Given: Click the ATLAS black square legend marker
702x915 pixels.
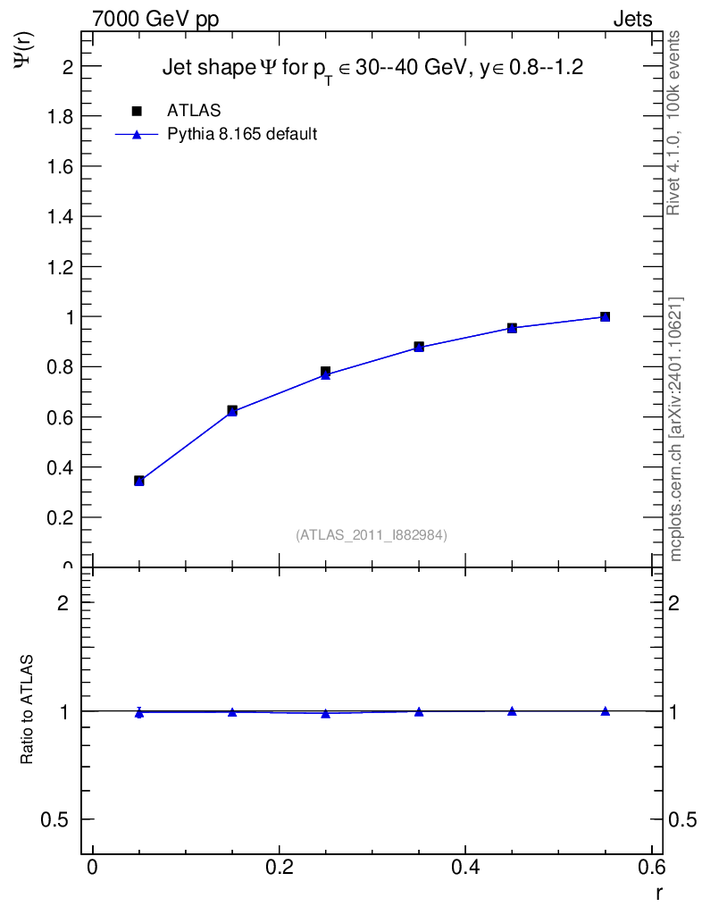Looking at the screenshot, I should [x=137, y=111].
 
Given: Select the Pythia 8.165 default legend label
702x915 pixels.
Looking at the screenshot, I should [x=242, y=135].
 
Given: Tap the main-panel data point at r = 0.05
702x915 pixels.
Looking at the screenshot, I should [x=139, y=481].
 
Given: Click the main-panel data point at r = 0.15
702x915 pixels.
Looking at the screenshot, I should [x=232, y=411].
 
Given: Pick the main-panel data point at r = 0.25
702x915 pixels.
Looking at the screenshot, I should [x=326, y=373].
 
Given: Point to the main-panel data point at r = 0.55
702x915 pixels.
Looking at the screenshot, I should [x=606, y=316].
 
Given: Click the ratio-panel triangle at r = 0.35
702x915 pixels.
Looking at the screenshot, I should [x=419, y=711].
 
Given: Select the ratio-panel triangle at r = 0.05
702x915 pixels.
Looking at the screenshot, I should [x=139, y=712].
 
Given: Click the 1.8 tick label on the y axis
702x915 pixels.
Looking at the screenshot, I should [x=59, y=116].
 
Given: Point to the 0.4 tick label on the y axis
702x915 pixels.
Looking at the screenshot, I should [x=59, y=467].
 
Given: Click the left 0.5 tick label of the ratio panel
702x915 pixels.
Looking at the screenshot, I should [x=56, y=820].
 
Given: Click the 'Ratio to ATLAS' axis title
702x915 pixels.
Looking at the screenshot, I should [x=28, y=710].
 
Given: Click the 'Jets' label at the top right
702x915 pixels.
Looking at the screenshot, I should [x=631, y=20].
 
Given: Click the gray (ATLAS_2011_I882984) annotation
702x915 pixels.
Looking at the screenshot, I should [x=372, y=534].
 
